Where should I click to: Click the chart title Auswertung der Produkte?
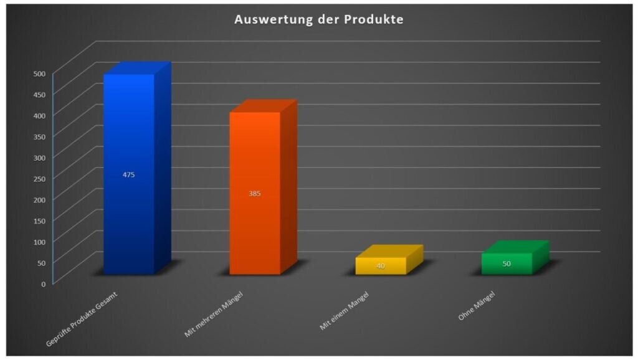pos(318,19)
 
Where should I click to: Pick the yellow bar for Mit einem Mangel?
pos(380,266)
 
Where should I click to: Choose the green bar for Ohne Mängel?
pos(507,263)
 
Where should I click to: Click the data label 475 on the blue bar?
pos(128,175)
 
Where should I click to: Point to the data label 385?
pos(254,194)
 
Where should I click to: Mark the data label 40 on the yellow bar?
pos(380,267)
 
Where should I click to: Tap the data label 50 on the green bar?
pos(507,264)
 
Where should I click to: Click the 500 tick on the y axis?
pos(40,73)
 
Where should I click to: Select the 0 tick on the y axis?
pos(44,283)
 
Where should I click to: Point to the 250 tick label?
pos(40,179)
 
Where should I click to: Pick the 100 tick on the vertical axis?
pos(40,242)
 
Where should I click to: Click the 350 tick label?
pos(40,136)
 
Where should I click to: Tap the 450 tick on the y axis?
pos(40,95)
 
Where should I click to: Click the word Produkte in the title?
pos(373,19)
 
